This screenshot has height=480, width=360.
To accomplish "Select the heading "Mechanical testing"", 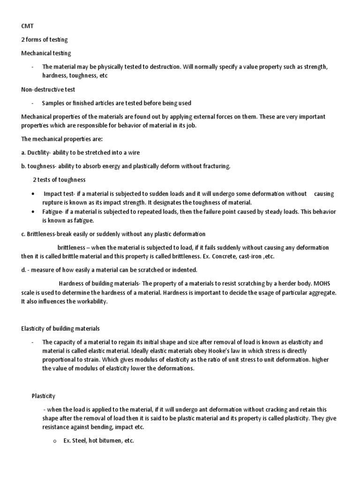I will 46,54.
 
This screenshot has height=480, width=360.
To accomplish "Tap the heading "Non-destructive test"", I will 48,89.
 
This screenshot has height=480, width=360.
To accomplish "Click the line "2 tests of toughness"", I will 59,180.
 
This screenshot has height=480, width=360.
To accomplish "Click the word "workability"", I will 90,301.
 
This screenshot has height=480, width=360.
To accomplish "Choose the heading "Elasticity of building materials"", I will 60,329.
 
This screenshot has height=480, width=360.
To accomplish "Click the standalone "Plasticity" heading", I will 43,396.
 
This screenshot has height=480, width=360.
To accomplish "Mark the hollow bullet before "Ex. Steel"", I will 54,442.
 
